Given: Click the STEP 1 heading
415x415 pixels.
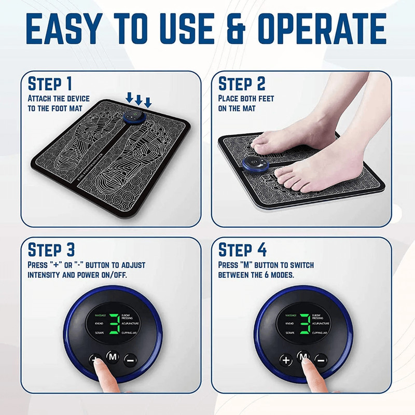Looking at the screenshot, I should [50, 84].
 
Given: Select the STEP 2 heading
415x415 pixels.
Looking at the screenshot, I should [242, 84].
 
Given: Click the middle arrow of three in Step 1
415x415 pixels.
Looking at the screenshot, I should [139, 99].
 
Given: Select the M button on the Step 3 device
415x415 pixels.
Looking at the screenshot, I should [113, 356].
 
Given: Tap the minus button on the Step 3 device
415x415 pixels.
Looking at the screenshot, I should [130, 359].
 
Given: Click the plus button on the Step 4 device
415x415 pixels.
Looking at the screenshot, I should [286, 359].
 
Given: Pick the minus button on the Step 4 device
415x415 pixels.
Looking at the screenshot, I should [321, 359].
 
